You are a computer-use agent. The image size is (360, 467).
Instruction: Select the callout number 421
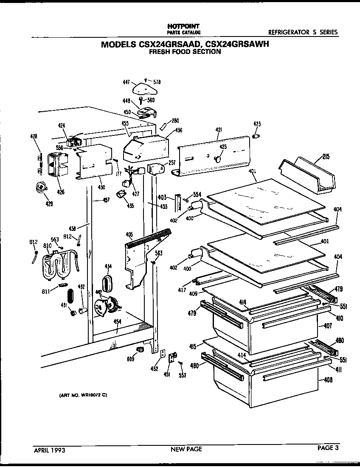pyautogui.click(x=219, y=130)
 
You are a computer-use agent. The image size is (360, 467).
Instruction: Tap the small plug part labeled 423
pyautogui.click(x=256, y=135)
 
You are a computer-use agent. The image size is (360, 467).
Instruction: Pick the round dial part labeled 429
pyautogui.click(x=41, y=187)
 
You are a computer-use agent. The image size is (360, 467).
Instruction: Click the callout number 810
pyautogui.click(x=47, y=246)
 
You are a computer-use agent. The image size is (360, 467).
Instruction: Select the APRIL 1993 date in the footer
pyautogui.click(x=50, y=449)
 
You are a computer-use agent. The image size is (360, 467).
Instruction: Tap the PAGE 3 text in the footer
pyautogui.click(x=328, y=447)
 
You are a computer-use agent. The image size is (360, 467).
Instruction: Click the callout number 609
pyautogui.click(x=130, y=359)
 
